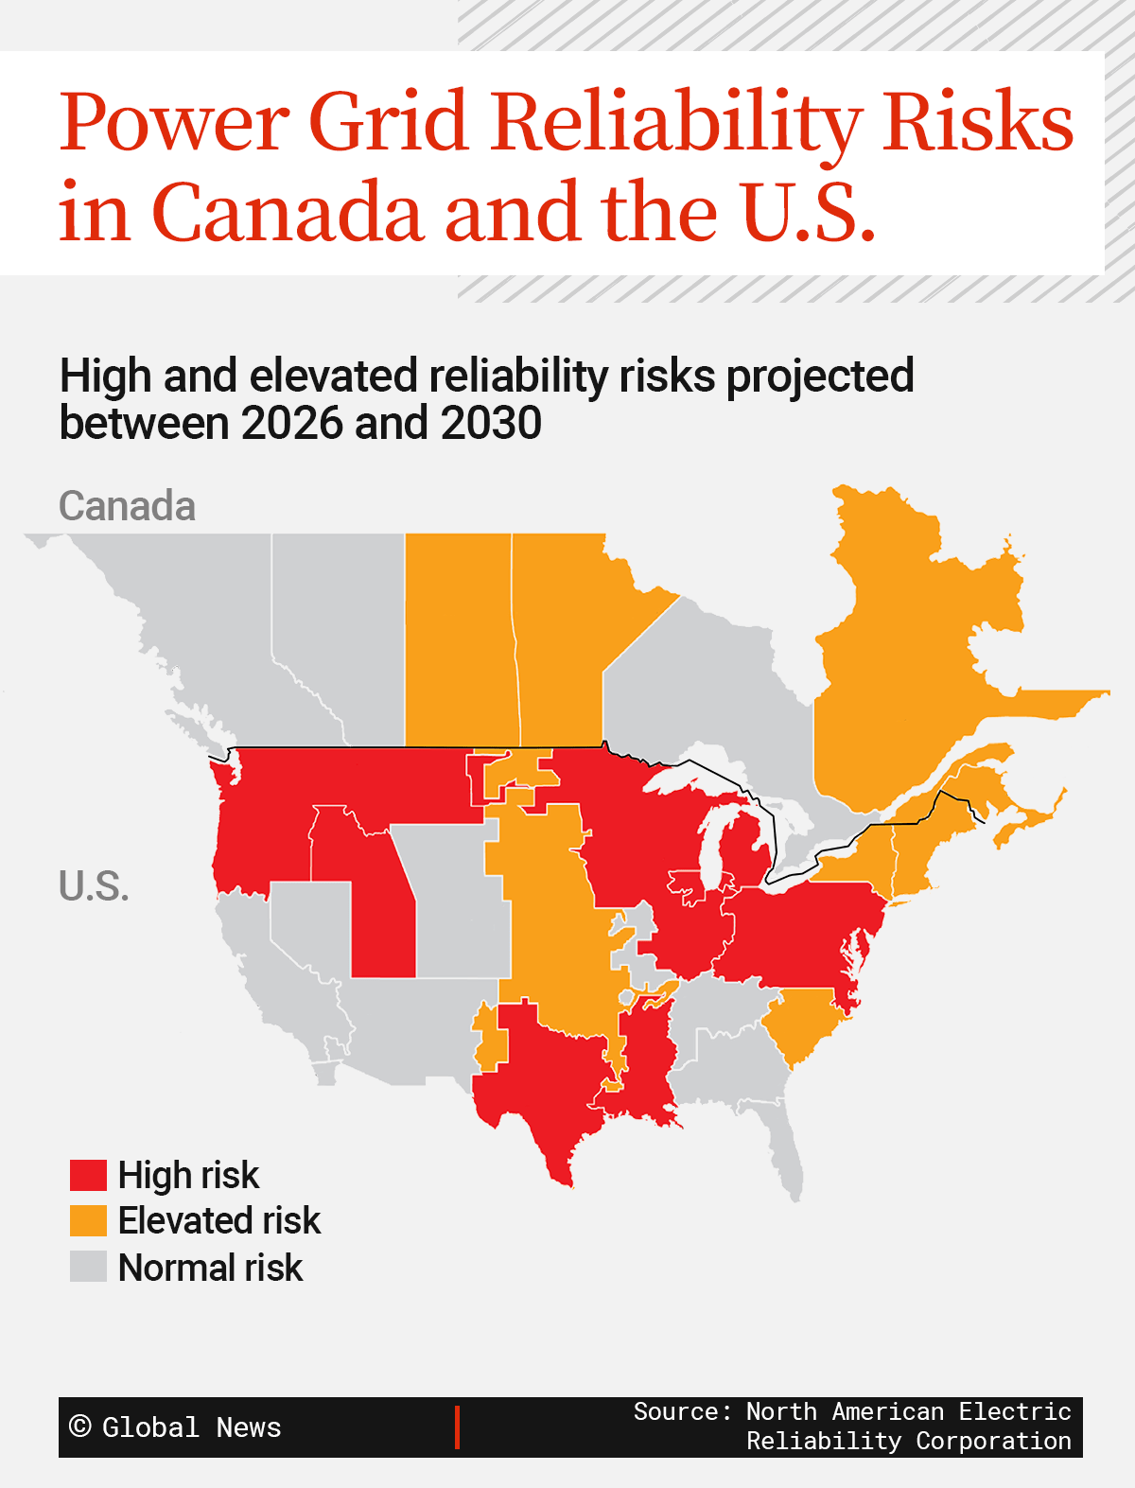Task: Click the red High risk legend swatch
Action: pyautogui.click(x=88, y=1175)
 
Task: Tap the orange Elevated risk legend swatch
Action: pyautogui.click(x=88, y=1220)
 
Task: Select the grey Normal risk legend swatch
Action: pyautogui.click(x=88, y=1267)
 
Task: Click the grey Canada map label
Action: pyautogui.click(x=127, y=506)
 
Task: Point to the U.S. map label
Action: pyautogui.click(x=94, y=886)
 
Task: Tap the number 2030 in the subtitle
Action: pyautogui.click(x=491, y=423)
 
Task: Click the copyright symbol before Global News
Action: pyautogui.click(x=80, y=1427)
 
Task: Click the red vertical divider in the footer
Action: pyautogui.click(x=457, y=1427)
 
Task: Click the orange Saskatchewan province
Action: pyautogui.click(x=458, y=643)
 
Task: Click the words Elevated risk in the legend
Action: pyautogui.click(x=218, y=1220)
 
